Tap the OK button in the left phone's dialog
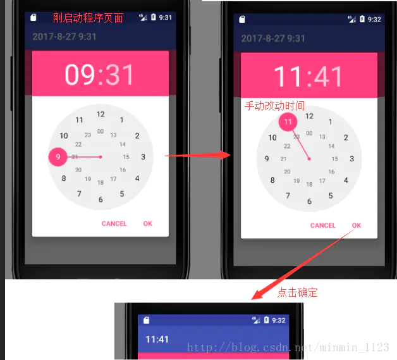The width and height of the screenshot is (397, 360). [x=147, y=223]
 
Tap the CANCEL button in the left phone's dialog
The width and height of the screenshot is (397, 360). [x=114, y=223]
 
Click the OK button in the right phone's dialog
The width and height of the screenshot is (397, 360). [x=357, y=225]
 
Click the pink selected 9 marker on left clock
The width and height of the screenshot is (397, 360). [x=58, y=157]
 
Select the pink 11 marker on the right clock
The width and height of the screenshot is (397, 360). [x=288, y=121]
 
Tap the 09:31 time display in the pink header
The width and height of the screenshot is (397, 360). [x=100, y=75]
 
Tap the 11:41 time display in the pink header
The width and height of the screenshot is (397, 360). [x=308, y=77]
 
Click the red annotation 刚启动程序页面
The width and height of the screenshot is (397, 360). [x=88, y=18]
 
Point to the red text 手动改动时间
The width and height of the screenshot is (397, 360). [x=274, y=106]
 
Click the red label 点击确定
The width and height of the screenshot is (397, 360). [x=297, y=292]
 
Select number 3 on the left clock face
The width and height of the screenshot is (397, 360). [x=144, y=157]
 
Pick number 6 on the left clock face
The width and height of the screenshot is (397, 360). [x=101, y=199]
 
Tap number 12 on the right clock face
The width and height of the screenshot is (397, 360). [x=309, y=116]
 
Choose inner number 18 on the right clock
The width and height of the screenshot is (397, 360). [x=309, y=184]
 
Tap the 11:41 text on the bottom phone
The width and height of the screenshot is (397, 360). [x=157, y=339]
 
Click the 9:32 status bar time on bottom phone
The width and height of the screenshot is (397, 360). [x=279, y=320]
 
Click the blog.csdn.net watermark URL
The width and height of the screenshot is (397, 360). [x=288, y=347]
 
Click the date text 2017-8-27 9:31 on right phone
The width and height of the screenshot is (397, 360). [x=273, y=39]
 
